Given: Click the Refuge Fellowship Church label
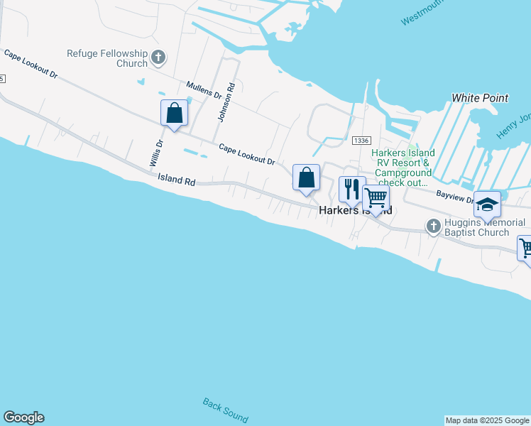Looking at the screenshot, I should point(106,58).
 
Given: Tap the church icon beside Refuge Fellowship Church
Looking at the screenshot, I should point(158,57).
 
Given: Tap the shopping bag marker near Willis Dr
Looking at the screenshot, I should point(174,113).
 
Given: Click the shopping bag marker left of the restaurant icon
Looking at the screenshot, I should point(306,177).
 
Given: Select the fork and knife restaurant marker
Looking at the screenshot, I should point(351,189).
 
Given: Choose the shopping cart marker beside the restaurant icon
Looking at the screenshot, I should point(376,197).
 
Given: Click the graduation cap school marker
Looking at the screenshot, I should point(487,204).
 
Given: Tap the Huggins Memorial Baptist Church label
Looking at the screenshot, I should point(485,227).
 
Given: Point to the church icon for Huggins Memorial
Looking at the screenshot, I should point(434,226).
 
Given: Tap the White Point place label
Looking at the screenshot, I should point(480,98).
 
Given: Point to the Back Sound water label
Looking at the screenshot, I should point(225,410).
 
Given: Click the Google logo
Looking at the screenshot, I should point(23,417).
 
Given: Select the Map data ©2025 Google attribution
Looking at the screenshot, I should point(487,420).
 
